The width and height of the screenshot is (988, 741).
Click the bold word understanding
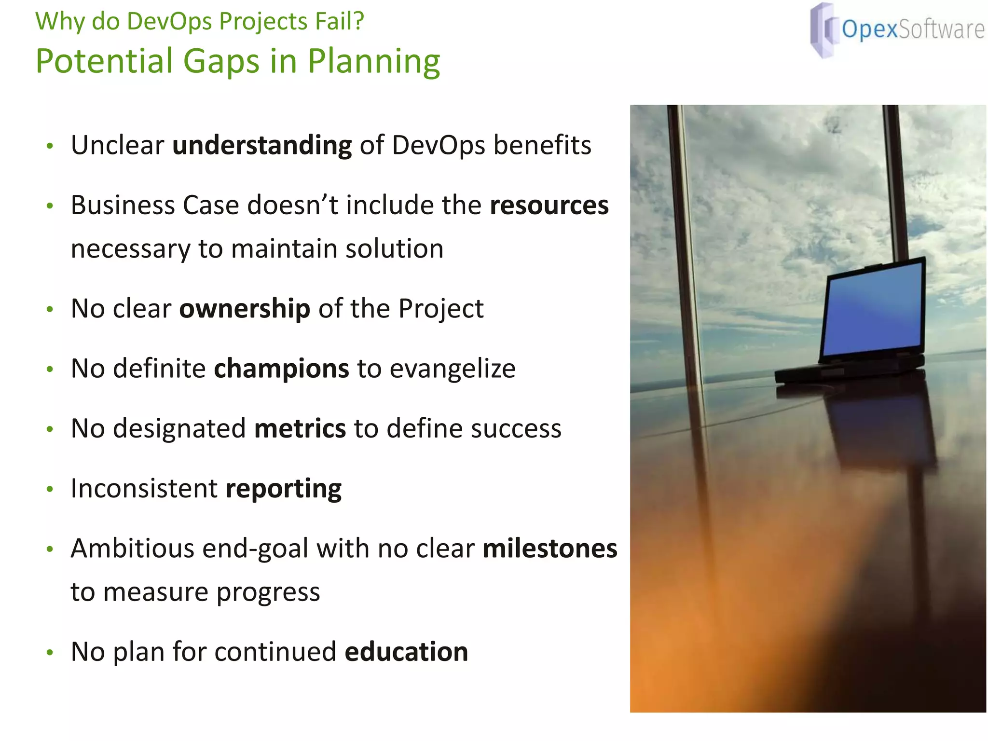[262, 146]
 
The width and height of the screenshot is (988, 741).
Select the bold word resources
[549, 206]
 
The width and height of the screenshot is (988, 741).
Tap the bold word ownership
[245, 309]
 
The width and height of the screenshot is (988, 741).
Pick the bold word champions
[281, 369]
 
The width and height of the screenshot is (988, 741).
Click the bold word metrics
[300, 429]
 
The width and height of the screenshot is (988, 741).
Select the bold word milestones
[549, 549]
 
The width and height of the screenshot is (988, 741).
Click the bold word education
[406, 652]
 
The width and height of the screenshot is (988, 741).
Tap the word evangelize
[453, 369]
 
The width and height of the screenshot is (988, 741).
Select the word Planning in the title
[374, 62]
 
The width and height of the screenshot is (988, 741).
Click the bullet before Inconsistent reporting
[50, 490]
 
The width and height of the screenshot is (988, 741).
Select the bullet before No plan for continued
[50, 653]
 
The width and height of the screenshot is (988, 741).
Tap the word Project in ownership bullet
[441, 309]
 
